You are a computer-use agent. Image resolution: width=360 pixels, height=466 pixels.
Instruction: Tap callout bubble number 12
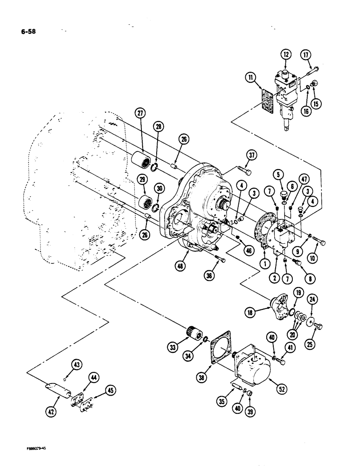tap(285, 55)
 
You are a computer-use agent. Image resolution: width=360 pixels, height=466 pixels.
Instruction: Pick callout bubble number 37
tap(252, 155)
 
